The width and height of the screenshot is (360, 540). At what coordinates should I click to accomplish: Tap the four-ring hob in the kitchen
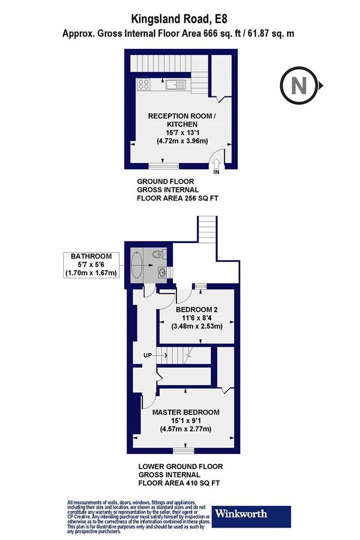pyautogui.click(x=143, y=84)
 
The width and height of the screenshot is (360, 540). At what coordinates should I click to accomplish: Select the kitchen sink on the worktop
pyautogui.click(x=175, y=84)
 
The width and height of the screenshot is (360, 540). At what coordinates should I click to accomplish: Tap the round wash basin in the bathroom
pyautogui.click(x=162, y=272)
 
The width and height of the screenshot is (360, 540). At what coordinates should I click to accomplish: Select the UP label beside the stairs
pyautogui.click(x=147, y=355)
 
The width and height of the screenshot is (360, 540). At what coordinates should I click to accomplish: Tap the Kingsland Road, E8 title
pyautogui.click(x=179, y=18)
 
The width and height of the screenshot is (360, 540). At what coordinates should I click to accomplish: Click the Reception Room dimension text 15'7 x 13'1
pyautogui.click(x=182, y=132)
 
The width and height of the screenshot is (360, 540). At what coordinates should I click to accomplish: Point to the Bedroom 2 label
pyautogui.click(x=197, y=309)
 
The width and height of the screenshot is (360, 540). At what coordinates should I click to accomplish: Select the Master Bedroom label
pyautogui.click(x=186, y=412)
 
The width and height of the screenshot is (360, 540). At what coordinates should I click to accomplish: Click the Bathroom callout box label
pyautogui.click(x=91, y=256)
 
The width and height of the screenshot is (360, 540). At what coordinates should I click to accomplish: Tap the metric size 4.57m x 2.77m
pyautogui.click(x=186, y=429)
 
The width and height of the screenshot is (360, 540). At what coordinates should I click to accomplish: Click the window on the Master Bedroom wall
pyautogui.click(x=183, y=450)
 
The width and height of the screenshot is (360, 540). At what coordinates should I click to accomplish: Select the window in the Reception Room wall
pyautogui.click(x=164, y=166)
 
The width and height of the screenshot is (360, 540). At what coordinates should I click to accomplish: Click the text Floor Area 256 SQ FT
pyautogui.click(x=178, y=198)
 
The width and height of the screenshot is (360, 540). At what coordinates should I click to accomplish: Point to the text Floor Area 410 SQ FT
pyautogui.click(x=179, y=483)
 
